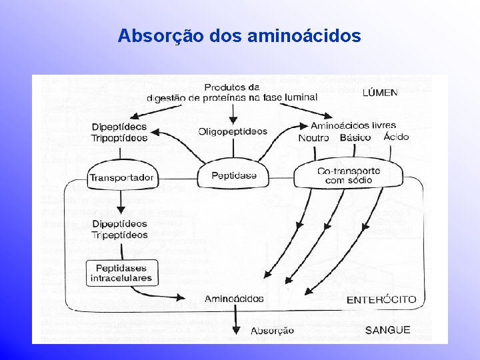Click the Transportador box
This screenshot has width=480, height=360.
pyautogui.click(x=121, y=177)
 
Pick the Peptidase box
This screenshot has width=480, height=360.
pyautogui.click(x=233, y=176)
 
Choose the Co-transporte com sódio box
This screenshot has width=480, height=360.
pyautogui.click(x=349, y=175)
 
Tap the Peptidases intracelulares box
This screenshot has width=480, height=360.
pyautogui.click(x=122, y=273)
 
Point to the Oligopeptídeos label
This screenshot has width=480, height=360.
pyautogui.click(x=233, y=131)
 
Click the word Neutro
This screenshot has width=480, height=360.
pyautogui.click(x=314, y=137)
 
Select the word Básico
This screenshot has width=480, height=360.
pyautogui.click(x=355, y=137)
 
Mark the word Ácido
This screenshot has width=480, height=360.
pyautogui.click(x=396, y=137)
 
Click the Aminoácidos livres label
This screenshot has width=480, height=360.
pyautogui.click(x=353, y=125)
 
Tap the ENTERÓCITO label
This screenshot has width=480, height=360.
pyautogui.click(x=381, y=299)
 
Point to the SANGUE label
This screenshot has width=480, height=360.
pyautogui.click(x=388, y=330)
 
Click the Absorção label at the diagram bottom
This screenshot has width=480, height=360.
pyautogui.click(x=272, y=331)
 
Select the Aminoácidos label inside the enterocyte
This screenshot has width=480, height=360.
pyautogui.click(x=234, y=299)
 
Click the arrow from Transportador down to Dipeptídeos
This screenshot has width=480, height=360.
pyautogui.click(x=121, y=201)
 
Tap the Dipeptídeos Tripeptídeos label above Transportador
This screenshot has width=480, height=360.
pyautogui.click(x=120, y=132)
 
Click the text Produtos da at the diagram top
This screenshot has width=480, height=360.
pyautogui.click(x=232, y=87)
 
